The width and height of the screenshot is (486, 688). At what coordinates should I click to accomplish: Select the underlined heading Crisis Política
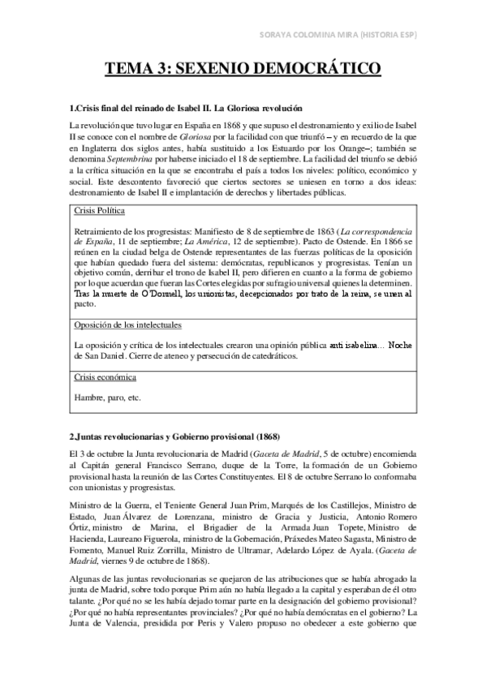(99, 210)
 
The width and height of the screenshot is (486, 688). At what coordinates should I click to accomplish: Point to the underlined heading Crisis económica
(105, 377)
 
